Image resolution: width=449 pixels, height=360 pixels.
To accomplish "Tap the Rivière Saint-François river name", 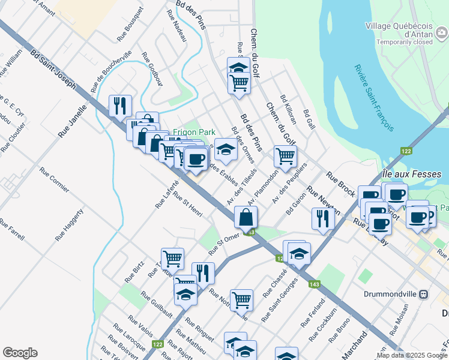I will pos(373,98).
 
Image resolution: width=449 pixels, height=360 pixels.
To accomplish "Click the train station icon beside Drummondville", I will pos(424,295).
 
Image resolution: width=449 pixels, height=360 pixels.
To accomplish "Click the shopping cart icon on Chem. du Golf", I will pos(286,156).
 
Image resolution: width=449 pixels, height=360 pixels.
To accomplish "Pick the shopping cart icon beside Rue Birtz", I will pos(172,258).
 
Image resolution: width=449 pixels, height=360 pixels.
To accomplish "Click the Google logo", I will pos(20,353).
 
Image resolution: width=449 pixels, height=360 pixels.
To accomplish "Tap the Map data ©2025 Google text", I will pos(412,355).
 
